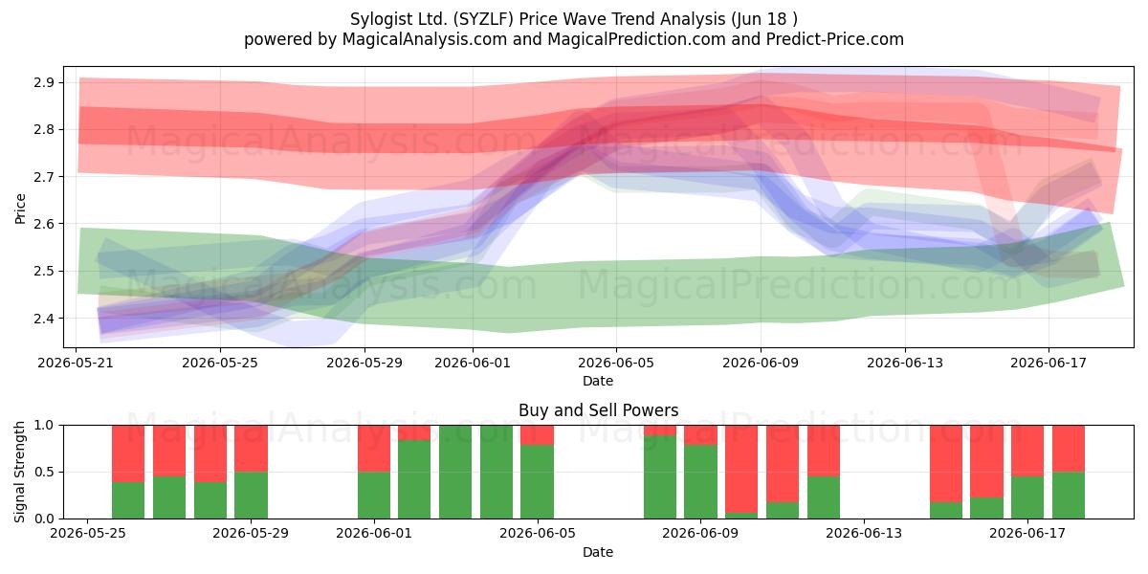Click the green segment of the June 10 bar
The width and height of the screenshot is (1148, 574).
[x=741, y=516]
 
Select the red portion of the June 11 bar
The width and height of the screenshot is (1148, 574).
[x=783, y=463]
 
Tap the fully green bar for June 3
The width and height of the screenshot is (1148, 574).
[x=455, y=472]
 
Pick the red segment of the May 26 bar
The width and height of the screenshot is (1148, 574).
[x=128, y=453]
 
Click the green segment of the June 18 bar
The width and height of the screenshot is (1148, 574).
[x=1069, y=496]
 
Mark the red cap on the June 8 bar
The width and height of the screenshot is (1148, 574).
[x=660, y=430]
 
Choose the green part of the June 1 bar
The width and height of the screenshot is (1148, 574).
[x=374, y=496]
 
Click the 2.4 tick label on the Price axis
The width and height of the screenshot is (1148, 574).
[x=45, y=319]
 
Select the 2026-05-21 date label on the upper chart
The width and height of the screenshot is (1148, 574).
[x=76, y=363]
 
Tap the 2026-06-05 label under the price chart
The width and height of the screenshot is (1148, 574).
[x=616, y=363]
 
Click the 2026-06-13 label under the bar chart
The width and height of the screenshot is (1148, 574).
[x=864, y=533]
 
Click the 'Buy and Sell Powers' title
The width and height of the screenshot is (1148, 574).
[x=598, y=410]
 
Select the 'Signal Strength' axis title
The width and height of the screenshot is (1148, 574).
[x=19, y=472]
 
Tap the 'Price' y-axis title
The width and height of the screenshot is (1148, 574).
[x=19, y=209]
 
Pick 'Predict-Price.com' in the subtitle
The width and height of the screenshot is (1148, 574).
[x=835, y=39]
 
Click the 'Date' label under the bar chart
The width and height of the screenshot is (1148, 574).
[x=598, y=552]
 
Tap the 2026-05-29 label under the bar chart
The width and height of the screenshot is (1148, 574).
[x=251, y=533]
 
